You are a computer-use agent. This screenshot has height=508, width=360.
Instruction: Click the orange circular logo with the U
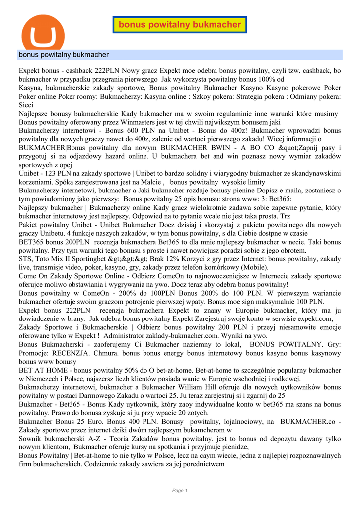(43, 33)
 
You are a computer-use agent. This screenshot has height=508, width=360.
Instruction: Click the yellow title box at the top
(180, 24)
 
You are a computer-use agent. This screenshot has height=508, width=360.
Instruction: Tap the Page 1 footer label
(180, 490)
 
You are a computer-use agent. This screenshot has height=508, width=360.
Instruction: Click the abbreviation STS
(26, 259)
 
